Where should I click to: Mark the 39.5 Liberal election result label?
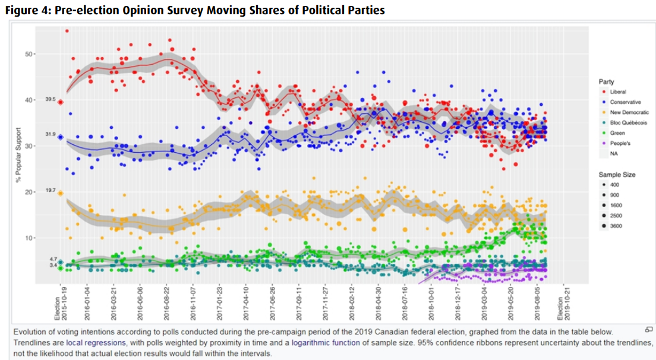tap(50, 100)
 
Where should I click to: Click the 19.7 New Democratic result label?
tap(50, 191)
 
